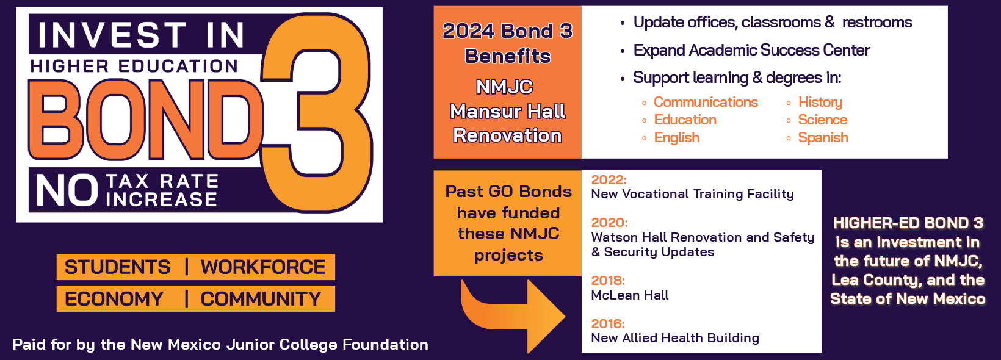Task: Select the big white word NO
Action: (67, 190)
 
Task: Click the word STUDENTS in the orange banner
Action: (118, 267)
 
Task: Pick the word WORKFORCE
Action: (262, 267)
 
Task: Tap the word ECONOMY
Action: (114, 299)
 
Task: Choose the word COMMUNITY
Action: (261, 299)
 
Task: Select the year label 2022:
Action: (609, 179)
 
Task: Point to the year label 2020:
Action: (609, 223)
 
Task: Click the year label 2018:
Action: (608, 281)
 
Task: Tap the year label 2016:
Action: (608, 323)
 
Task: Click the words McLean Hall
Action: (630, 295)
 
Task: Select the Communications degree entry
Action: (706, 102)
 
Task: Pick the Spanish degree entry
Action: (823, 137)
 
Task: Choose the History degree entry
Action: (820, 103)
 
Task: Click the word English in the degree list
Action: (676, 137)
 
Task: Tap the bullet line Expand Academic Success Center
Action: (751, 50)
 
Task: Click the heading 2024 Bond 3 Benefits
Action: (508, 43)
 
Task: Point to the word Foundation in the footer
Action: (385, 344)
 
